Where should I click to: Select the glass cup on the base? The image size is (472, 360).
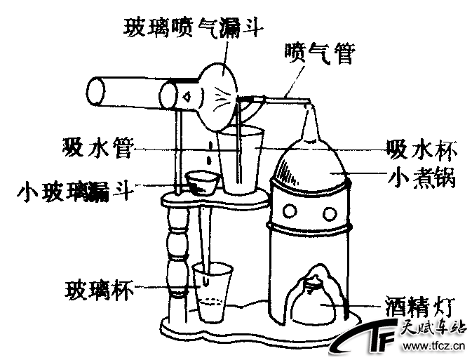(x=213, y=291)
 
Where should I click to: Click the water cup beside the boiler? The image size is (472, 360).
(x=241, y=159)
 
